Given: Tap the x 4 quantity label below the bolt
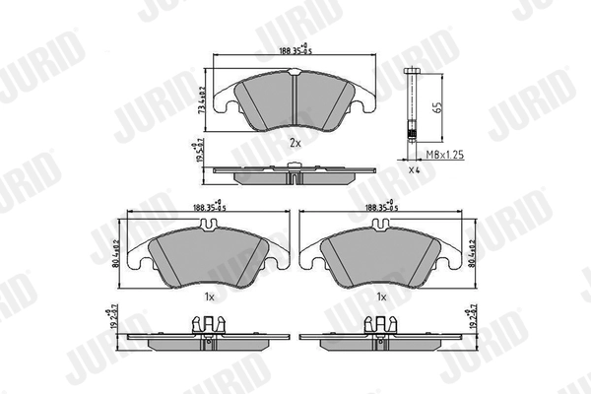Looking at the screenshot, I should pyautogui.click(x=414, y=172).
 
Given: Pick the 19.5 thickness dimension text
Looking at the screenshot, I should pyautogui.click(x=202, y=152).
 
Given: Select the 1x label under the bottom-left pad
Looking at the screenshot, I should pyautogui.click(x=207, y=296).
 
